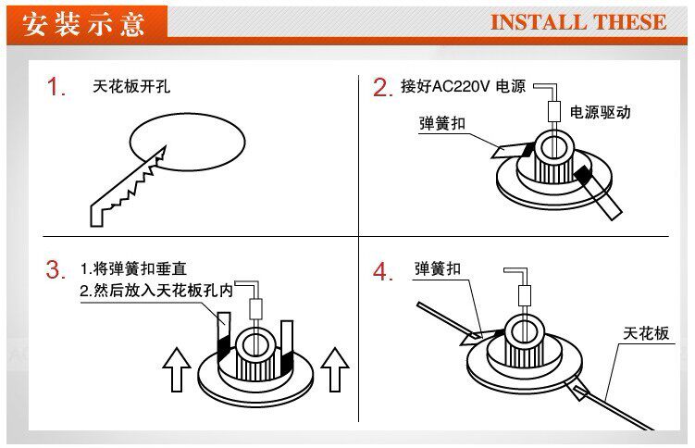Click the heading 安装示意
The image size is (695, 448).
84,23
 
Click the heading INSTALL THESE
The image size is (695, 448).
577,22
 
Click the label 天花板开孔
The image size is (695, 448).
131,87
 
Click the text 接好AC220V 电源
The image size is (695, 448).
463,87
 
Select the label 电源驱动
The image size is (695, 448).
601,112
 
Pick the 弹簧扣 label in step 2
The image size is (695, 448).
442,122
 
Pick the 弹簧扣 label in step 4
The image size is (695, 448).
437,269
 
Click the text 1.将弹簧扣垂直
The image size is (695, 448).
133,269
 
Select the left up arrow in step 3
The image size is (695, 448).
176,369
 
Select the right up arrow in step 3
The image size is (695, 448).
334,369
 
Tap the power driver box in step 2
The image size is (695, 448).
556,112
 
